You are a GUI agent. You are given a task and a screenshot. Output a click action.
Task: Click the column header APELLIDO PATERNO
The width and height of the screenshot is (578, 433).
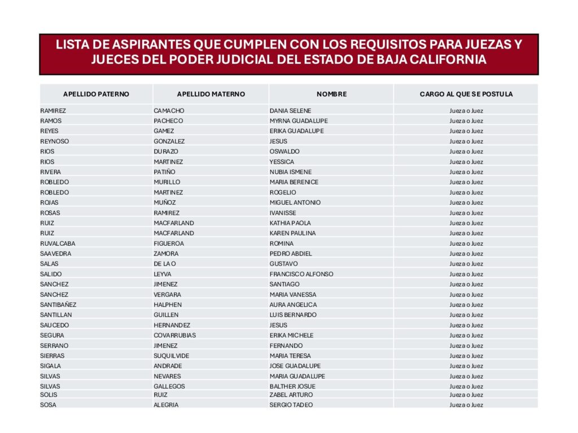tap(96, 94)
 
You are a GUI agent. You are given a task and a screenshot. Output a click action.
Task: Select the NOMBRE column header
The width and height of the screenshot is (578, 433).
tap(331, 94)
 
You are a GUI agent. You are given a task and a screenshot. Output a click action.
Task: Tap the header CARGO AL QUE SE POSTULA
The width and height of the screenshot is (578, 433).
tap(466, 94)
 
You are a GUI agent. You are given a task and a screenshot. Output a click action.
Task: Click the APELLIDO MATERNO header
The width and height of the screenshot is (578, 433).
tap(211, 94)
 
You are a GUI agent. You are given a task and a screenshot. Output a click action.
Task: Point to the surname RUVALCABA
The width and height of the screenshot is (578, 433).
tap(58, 244)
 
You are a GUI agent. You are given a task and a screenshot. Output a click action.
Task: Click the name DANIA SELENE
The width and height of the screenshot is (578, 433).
tap(290, 111)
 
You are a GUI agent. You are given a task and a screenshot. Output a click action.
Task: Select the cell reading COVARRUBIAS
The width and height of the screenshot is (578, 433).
tap(174, 335)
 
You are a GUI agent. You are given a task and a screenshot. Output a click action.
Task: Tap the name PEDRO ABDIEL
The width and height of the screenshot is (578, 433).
tap(291, 254)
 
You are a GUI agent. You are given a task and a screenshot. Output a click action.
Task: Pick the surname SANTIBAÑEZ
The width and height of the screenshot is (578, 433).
tap(58, 305)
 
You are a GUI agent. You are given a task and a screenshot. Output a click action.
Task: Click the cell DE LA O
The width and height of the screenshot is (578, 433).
tap(165, 264)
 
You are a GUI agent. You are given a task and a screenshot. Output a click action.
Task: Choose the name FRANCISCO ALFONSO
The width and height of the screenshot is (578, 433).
tap(301, 274)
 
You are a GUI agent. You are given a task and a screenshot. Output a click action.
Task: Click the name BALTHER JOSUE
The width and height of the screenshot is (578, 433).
tap(292, 386)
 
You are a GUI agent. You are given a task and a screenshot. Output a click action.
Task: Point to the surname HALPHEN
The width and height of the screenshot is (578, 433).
tap(168, 305)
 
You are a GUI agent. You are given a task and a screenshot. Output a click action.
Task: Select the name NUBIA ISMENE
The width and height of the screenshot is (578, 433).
tap(290, 172)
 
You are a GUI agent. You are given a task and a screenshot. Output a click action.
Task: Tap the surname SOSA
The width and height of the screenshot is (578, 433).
tap(48, 405)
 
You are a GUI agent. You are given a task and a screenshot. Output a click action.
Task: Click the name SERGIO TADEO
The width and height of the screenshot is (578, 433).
tap(291, 405)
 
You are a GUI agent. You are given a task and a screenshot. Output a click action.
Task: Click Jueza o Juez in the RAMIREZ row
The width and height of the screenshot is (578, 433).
tap(466, 111)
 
